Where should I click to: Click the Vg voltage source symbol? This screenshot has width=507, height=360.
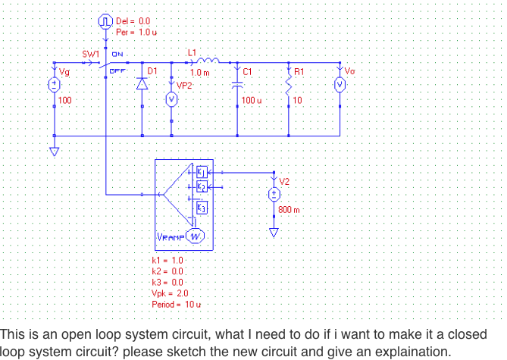click(54, 85)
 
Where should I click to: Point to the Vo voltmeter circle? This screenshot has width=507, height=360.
click(340, 84)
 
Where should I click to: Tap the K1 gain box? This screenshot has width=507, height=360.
click(201, 173)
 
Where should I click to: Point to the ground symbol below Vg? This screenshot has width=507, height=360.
click(54, 151)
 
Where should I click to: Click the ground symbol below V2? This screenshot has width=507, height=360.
click(273, 232)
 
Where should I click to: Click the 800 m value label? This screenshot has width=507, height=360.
click(289, 209)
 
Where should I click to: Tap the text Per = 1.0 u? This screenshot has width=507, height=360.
click(136, 33)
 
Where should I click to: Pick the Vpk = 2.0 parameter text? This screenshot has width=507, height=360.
click(171, 292)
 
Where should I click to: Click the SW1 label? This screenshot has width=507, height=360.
click(91, 55)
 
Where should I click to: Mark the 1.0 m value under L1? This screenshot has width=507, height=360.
click(199, 73)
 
